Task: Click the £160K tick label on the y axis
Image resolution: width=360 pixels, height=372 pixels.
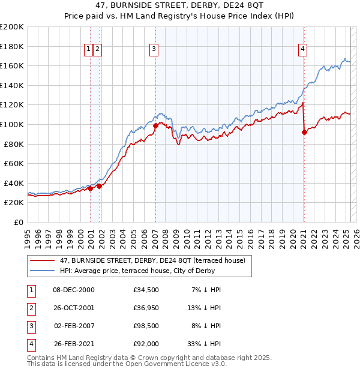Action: point(12,65)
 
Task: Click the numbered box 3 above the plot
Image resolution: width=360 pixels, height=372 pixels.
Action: point(154,49)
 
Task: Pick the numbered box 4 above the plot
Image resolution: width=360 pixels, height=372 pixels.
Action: point(303,49)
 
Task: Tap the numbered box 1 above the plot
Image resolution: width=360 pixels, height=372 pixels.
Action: point(89,49)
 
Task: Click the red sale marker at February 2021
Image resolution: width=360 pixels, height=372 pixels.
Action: point(304,133)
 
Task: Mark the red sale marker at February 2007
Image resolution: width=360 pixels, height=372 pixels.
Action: point(155,126)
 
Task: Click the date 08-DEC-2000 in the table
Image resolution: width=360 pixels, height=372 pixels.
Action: point(74,290)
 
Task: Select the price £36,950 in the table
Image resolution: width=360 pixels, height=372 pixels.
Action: point(146,308)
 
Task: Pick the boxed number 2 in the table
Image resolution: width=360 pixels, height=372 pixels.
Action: point(30,308)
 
